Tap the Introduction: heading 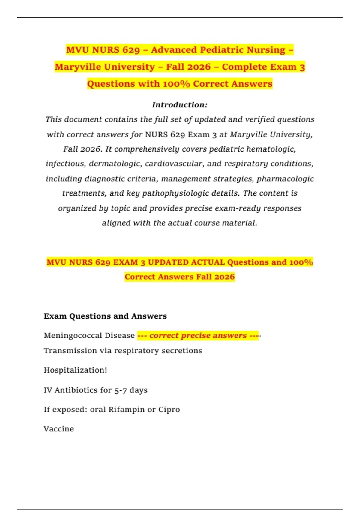coord(180,105)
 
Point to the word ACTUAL coord(208,262)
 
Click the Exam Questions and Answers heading coord(105,316)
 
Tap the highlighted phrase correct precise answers coord(198,335)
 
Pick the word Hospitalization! coord(75,370)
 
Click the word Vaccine coord(59,429)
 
